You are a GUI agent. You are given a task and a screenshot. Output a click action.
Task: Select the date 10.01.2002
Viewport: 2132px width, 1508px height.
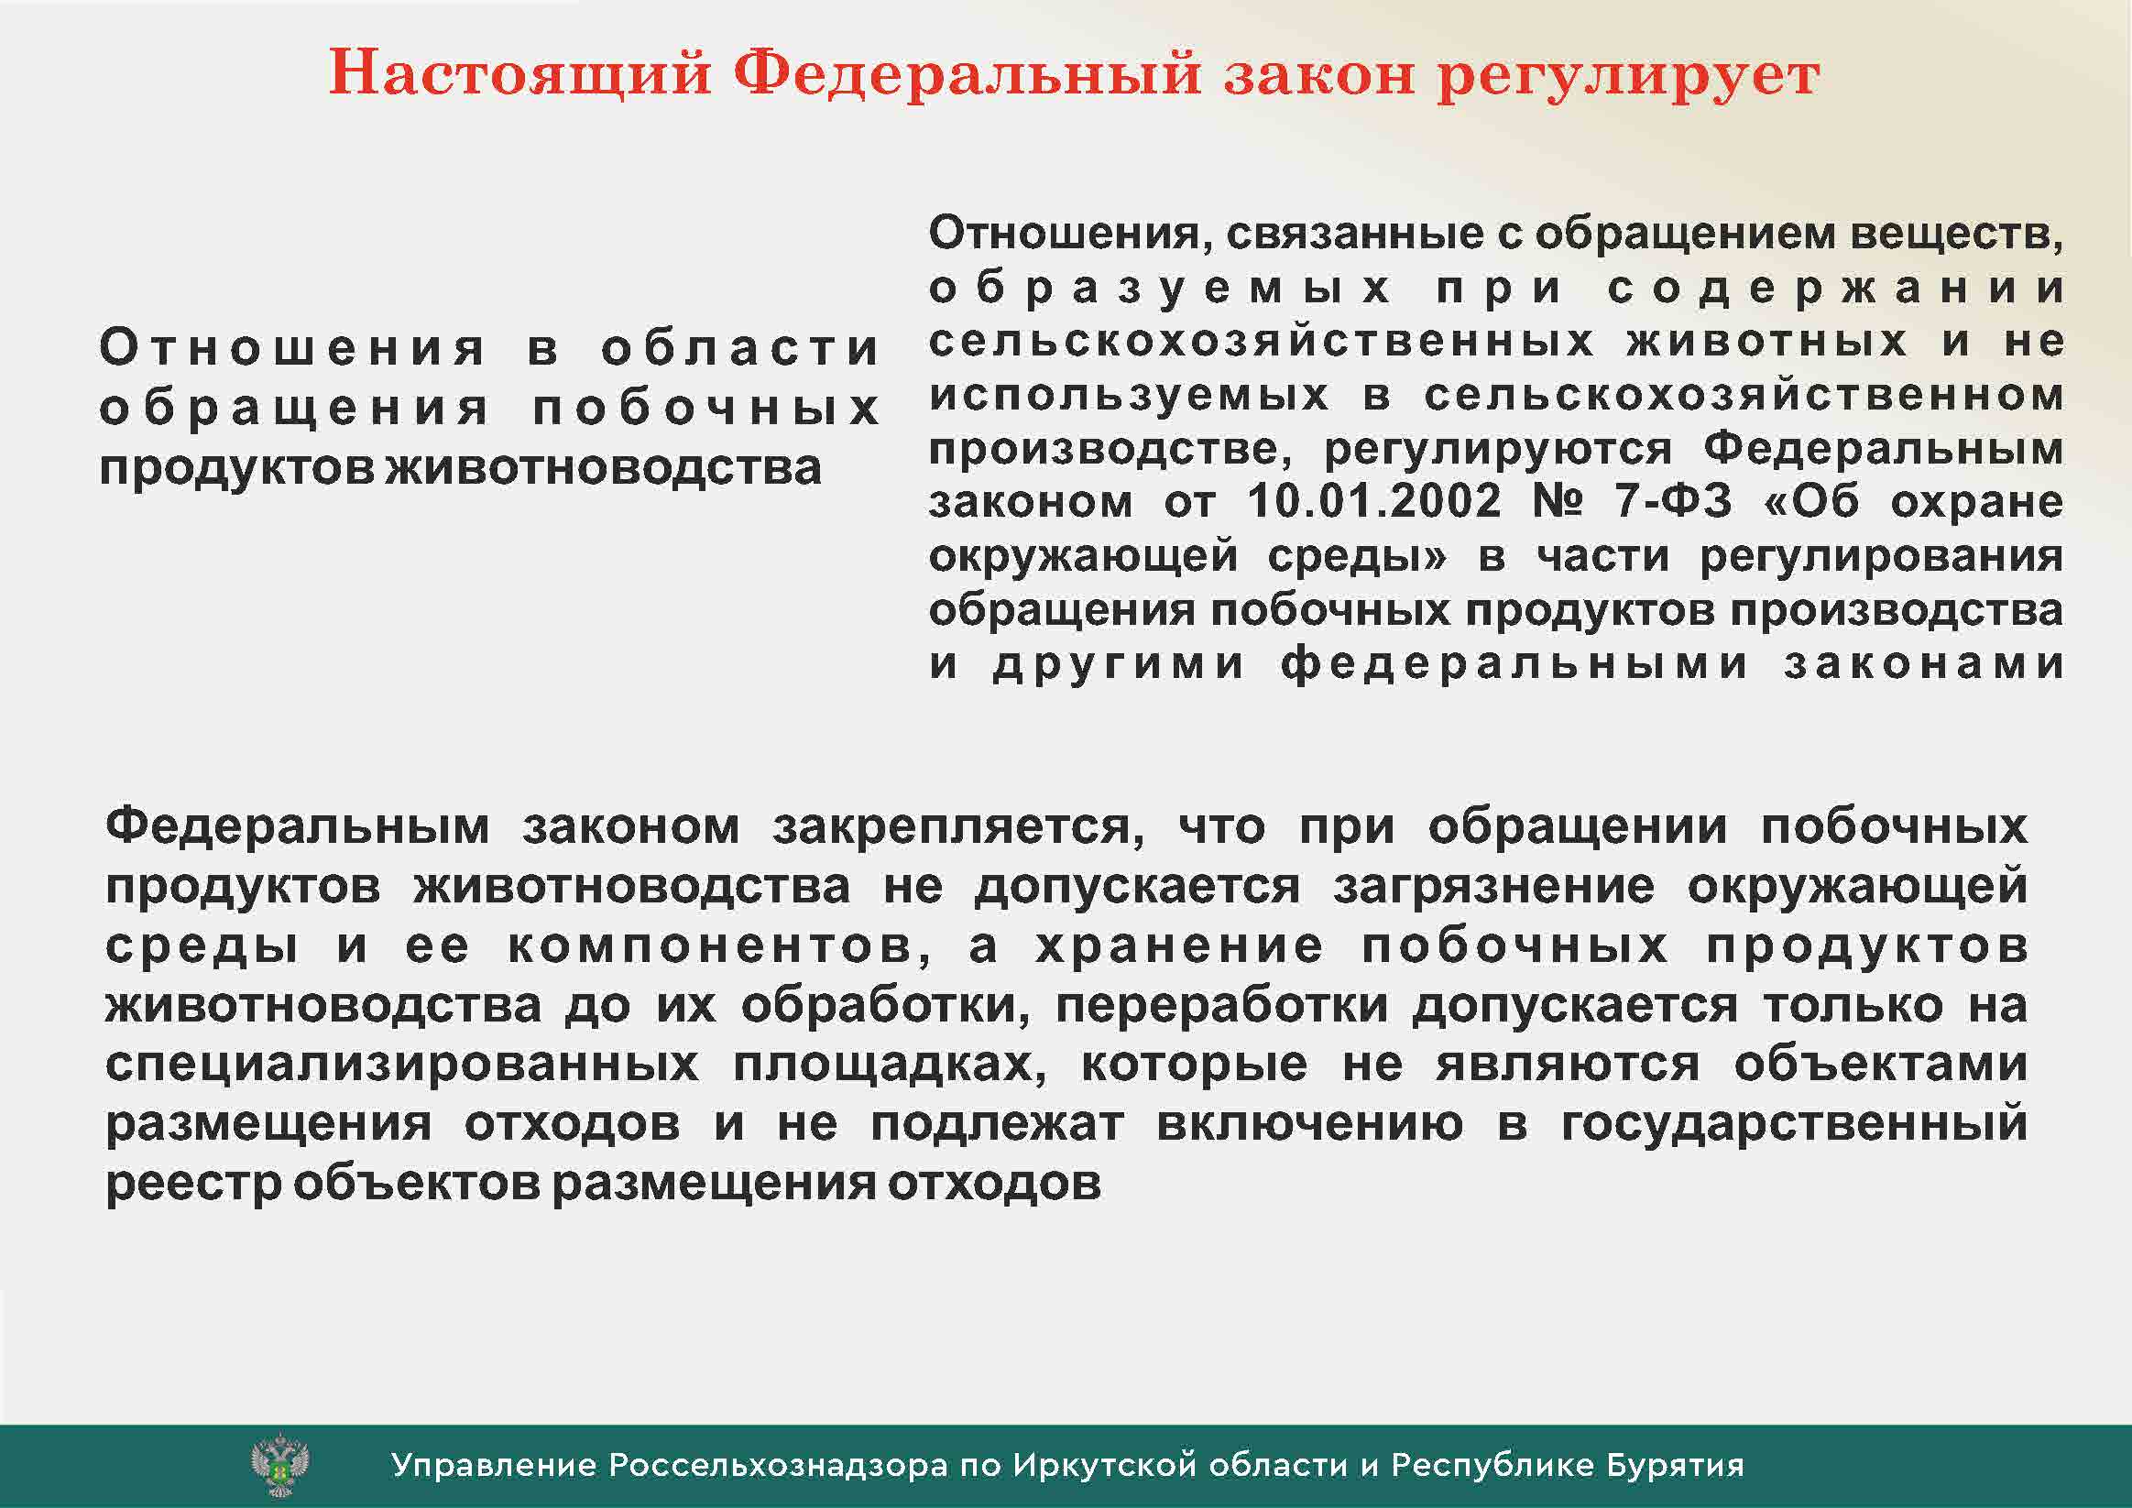[x=1374, y=501]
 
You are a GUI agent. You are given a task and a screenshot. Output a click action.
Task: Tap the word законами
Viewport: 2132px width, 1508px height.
[x=1924, y=664]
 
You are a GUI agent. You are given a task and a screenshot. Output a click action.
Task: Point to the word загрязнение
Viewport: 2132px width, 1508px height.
[x=1494, y=887]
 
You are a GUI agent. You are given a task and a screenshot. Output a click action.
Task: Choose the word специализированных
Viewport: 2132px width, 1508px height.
[x=402, y=1065]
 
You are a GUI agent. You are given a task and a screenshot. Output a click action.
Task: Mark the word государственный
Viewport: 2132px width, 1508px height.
[x=1794, y=1124]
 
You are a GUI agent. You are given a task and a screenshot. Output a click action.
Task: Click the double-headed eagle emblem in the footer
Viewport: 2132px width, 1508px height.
[x=280, y=1466]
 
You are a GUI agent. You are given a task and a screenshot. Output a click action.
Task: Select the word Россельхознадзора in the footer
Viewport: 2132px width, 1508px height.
[x=778, y=1466]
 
